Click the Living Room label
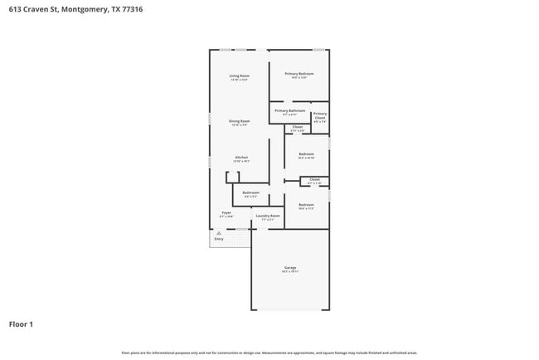click(240, 76)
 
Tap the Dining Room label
click(240, 121)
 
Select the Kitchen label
click(241, 158)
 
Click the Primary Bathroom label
click(290, 110)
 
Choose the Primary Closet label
click(320, 115)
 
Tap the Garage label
click(290, 268)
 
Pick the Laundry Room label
click(268, 216)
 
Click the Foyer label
click(226, 213)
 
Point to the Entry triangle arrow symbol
click(218, 234)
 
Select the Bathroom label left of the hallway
click(250, 193)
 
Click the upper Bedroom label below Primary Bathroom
click(306, 153)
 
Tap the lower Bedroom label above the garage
click(306, 204)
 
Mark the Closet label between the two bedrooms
click(314, 179)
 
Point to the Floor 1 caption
click(21, 324)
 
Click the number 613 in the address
click(14, 10)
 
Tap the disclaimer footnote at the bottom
click(269, 353)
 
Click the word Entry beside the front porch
click(219, 239)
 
